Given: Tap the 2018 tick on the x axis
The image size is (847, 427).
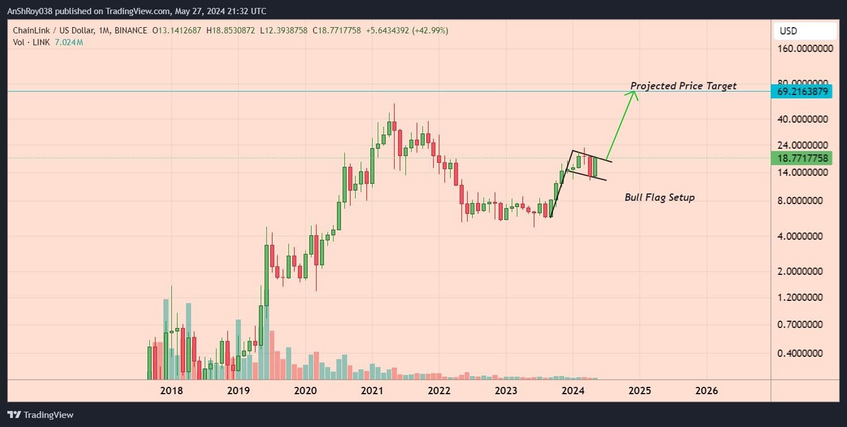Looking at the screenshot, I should (171, 391).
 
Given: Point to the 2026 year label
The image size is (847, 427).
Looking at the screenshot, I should (707, 391).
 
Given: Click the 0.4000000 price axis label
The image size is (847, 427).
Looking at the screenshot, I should (803, 353).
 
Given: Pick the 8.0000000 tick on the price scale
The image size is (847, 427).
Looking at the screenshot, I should (803, 201).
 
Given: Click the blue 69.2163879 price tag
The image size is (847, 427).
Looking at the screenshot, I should (802, 91).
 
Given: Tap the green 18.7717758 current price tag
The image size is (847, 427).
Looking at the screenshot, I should (802, 158).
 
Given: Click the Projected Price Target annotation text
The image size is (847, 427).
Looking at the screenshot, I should (683, 86).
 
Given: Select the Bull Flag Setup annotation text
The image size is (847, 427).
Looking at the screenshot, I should (659, 197).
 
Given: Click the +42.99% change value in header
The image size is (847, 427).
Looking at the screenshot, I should (431, 31).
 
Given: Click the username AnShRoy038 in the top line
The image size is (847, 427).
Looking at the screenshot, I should (34, 11).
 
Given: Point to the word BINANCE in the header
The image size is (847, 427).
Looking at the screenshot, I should (131, 31).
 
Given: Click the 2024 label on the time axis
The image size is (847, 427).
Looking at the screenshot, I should (573, 391).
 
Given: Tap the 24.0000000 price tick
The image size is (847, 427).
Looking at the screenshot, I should (803, 144).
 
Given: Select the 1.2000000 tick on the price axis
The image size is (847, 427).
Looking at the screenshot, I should (803, 297).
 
